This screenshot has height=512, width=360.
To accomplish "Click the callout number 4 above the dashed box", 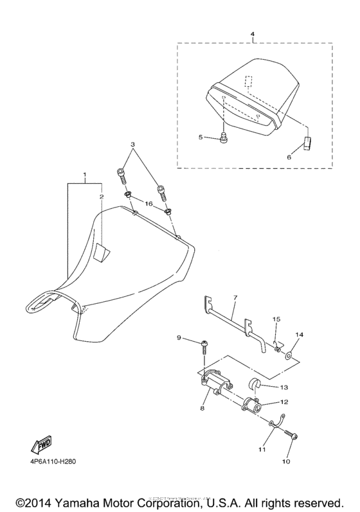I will tap(252, 33).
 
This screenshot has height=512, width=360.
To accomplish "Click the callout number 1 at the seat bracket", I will tap(83, 175).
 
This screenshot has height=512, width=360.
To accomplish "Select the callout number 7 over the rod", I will tap(235, 297).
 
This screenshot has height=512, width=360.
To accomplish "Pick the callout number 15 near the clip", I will tap(276, 319).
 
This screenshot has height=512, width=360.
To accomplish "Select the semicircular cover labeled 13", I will tap(254, 386).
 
